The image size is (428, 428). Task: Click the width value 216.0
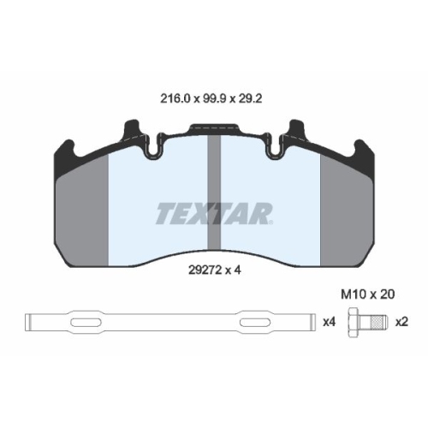(175, 98)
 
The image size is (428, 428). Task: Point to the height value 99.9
(214, 98)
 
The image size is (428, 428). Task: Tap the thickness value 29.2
(250, 98)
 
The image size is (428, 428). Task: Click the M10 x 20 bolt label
(368, 294)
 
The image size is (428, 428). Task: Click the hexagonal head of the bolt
(354, 323)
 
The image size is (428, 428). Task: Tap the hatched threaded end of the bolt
(379, 323)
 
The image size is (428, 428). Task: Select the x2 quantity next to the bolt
(402, 323)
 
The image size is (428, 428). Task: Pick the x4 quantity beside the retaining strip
(330, 323)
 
